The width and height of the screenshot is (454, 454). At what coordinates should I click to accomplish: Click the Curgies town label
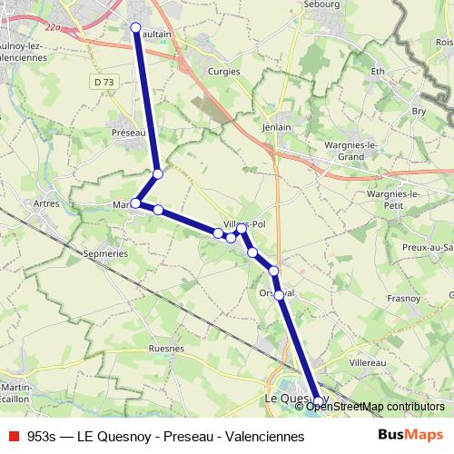pos(222,68)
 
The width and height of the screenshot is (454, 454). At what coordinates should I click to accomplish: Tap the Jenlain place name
pos(276,128)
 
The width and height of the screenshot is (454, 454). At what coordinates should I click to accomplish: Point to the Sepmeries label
pos(104,254)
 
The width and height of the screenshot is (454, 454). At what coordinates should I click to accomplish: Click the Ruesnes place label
pos(166,348)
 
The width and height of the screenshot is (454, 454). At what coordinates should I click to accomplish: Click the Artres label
pos(45,203)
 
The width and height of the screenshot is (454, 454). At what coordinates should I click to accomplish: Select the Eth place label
pos(379,71)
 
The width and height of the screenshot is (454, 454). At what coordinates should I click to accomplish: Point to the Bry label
pos(419,111)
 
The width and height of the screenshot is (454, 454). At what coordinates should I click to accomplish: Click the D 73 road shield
pos(104,82)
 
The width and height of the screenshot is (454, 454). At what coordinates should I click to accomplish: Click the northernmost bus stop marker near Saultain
pos(136,28)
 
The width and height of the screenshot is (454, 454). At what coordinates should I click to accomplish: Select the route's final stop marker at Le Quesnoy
pos(317,400)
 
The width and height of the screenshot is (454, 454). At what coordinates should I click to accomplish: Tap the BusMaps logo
pos(410,436)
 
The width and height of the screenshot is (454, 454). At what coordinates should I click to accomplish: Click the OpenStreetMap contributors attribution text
pos(374,407)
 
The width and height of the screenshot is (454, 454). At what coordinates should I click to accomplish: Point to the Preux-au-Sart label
pos(428,247)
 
